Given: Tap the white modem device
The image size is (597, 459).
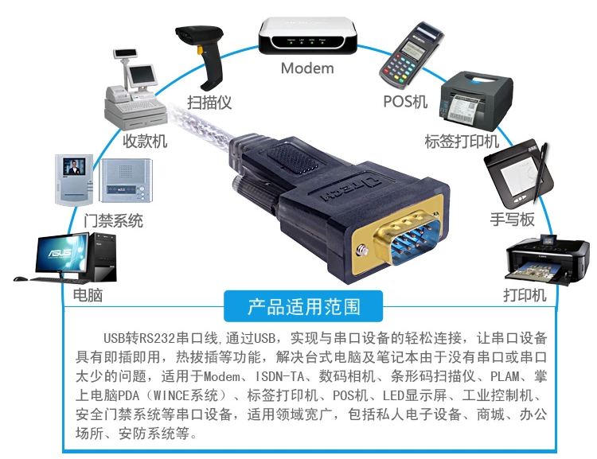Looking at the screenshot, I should tap(306, 36).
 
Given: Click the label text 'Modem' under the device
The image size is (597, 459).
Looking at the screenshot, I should tap(307, 68).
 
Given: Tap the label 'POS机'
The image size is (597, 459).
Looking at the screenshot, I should tap(405, 102).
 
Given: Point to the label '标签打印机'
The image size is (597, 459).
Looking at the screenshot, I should tap(461, 142).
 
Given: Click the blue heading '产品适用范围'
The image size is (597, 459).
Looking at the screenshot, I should tap(303, 305).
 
